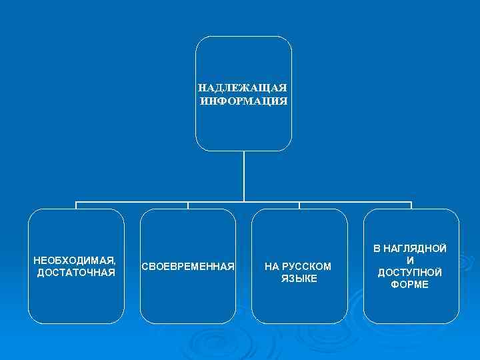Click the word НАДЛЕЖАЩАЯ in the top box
pyautogui.click(x=243, y=88)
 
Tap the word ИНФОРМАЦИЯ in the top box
pyautogui.click(x=243, y=101)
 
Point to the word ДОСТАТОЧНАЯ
pyautogui.click(x=76, y=273)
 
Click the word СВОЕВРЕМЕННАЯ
pyautogui.click(x=188, y=267)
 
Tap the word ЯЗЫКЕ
pyautogui.click(x=299, y=279)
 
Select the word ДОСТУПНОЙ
pyautogui.click(x=410, y=273)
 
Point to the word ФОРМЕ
pyautogui.click(x=410, y=285)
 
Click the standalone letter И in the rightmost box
pyautogui.click(x=410, y=261)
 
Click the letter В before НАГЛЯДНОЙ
pyautogui.click(x=377, y=249)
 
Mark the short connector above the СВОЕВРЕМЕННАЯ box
pyautogui.click(x=188, y=205)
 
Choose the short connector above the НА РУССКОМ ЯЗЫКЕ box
pyautogui.click(x=299, y=205)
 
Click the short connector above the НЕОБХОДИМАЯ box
pyautogui.click(x=76, y=205)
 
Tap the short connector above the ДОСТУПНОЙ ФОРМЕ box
pyautogui.click(x=411, y=205)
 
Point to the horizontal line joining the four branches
pyautogui.click(x=133, y=201)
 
